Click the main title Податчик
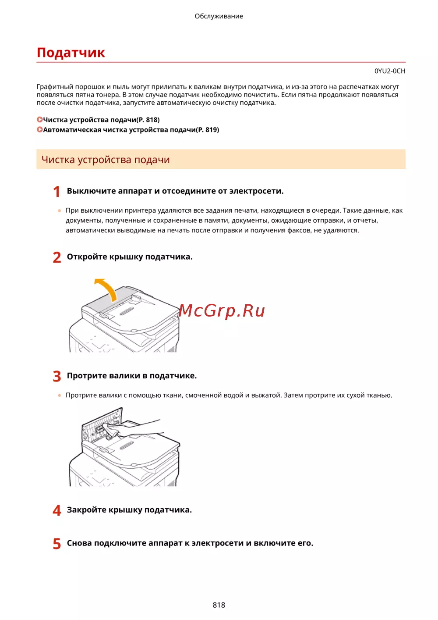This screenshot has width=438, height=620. [x=71, y=53]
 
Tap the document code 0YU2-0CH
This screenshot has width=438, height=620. [x=389, y=71]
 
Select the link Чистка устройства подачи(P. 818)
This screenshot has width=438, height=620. [x=101, y=120]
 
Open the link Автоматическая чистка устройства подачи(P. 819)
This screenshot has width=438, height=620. [x=131, y=130]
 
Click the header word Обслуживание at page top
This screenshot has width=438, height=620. [x=219, y=16]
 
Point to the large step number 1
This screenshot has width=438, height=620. [x=57, y=192]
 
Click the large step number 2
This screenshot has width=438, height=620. [x=57, y=257]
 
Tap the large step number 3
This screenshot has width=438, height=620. [x=57, y=376]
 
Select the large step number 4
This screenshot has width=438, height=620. [x=57, y=510]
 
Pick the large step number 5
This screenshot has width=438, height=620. [x=57, y=544]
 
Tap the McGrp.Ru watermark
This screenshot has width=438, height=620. [x=222, y=311]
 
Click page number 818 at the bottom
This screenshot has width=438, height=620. [x=219, y=605]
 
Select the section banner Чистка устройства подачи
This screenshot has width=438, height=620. [x=106, y=160]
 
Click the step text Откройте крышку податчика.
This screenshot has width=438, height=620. [x=130, y=257]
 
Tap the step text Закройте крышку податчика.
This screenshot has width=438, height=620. [x=129, y=510]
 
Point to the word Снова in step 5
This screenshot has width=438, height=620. [x=79, y=543]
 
